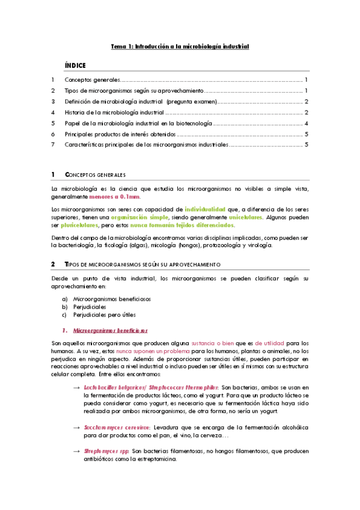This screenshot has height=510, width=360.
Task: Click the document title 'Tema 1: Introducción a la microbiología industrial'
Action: click(180, 46)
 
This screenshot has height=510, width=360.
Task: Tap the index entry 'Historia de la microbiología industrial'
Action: click(114, 112)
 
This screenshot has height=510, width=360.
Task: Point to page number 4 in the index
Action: click(307, 123)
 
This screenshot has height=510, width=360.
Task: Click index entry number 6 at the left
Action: click(53, 134)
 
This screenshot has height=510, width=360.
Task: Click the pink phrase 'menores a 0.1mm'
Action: click(115, 197)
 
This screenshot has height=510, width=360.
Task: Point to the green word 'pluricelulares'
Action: click(79, 225)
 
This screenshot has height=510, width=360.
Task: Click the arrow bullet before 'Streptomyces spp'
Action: click(76, 451)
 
